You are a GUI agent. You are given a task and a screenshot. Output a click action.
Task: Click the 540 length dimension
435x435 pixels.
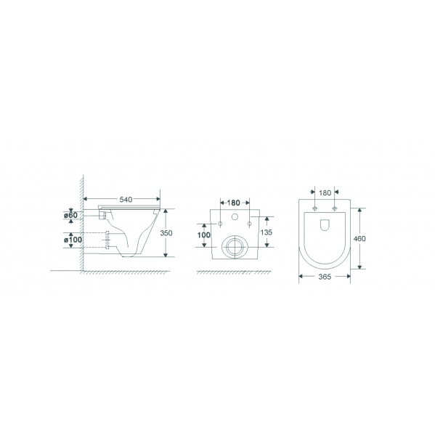[x=126, y=199]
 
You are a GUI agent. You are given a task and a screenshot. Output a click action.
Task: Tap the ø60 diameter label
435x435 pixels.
[x=70, y=215]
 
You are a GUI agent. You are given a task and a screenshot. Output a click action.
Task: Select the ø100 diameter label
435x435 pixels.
[x=73, y=239]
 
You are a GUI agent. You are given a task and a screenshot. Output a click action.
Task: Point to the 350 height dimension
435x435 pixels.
[x=166, y=233]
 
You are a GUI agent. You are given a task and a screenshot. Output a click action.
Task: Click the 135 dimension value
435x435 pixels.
[x=267, y=232]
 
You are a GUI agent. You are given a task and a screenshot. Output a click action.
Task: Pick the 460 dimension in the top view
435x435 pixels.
[x=359, y=239]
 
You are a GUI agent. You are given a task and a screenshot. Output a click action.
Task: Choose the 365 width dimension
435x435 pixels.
[x=325, y=277]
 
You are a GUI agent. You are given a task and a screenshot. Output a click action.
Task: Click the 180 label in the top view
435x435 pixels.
[x=325, y=192]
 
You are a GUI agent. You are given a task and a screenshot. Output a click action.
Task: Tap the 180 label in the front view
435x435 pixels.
[x=233, y=203]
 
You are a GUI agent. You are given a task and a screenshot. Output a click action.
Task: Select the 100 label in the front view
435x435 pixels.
[x=204, y=235]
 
